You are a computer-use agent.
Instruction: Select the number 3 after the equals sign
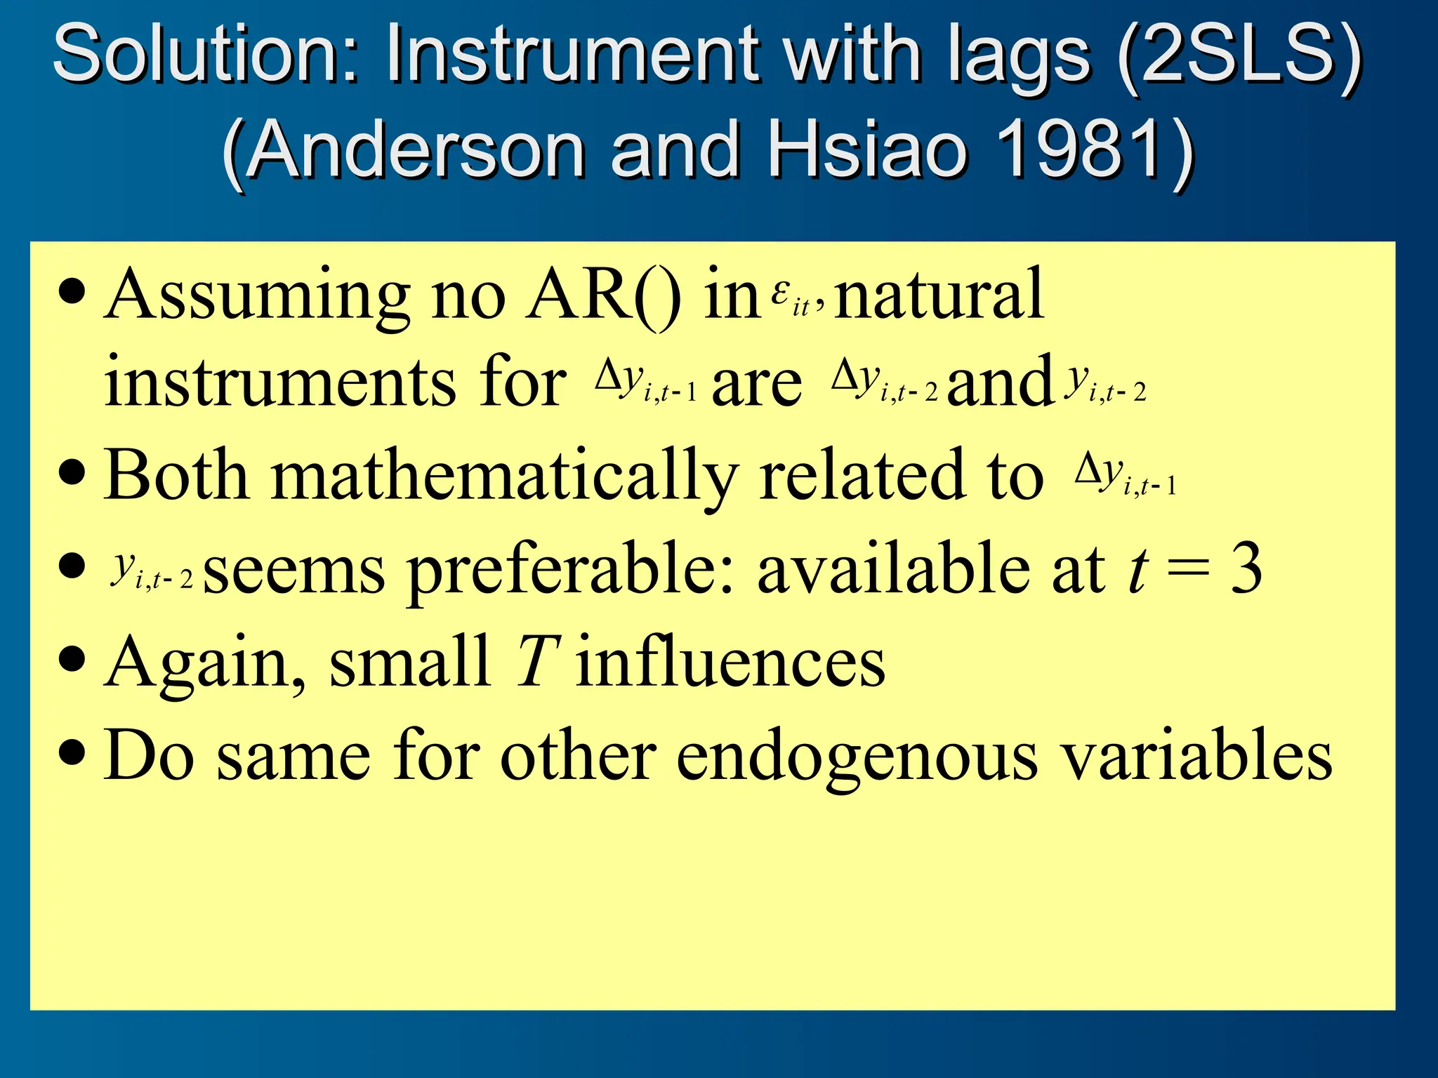pos(1246,568)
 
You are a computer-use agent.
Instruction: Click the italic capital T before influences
pos(538,661)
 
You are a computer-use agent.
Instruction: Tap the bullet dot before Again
pos(73,660)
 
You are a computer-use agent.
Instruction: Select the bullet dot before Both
pos(73,473)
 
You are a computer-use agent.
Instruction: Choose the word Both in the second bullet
pos(176,476)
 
